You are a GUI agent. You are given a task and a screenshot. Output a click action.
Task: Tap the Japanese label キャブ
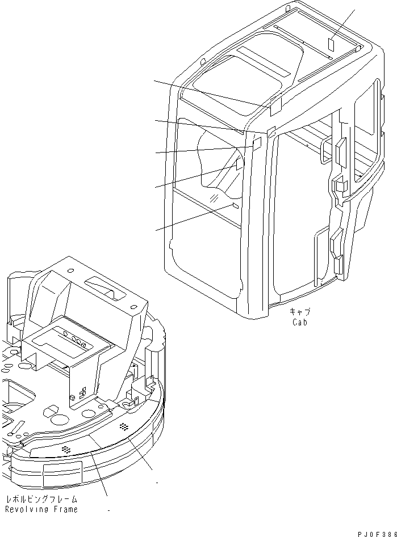click(300, 312)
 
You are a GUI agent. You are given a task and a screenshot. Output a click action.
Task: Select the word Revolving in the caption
click(27, 509)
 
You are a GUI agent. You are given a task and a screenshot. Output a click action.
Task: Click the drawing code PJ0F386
click(377, 533)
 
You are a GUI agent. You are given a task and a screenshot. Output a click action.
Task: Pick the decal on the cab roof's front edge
click(276, 104)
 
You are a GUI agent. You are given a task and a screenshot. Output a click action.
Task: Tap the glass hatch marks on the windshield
click(214, 197)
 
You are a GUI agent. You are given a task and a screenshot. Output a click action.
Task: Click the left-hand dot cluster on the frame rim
click(67, 449)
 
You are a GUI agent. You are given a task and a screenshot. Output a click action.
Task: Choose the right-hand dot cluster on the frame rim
click(123, 425)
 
